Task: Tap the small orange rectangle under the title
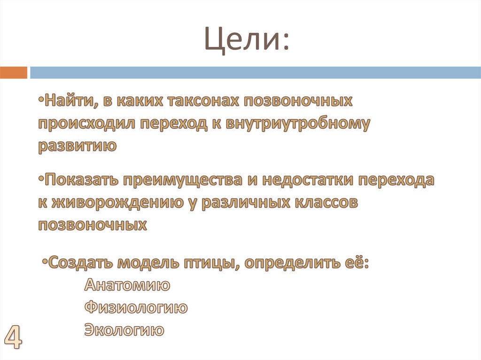(14, 73)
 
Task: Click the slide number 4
(13, 337)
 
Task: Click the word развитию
(77, 146)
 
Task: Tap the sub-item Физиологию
(136, 308)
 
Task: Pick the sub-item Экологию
(124, 330)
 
